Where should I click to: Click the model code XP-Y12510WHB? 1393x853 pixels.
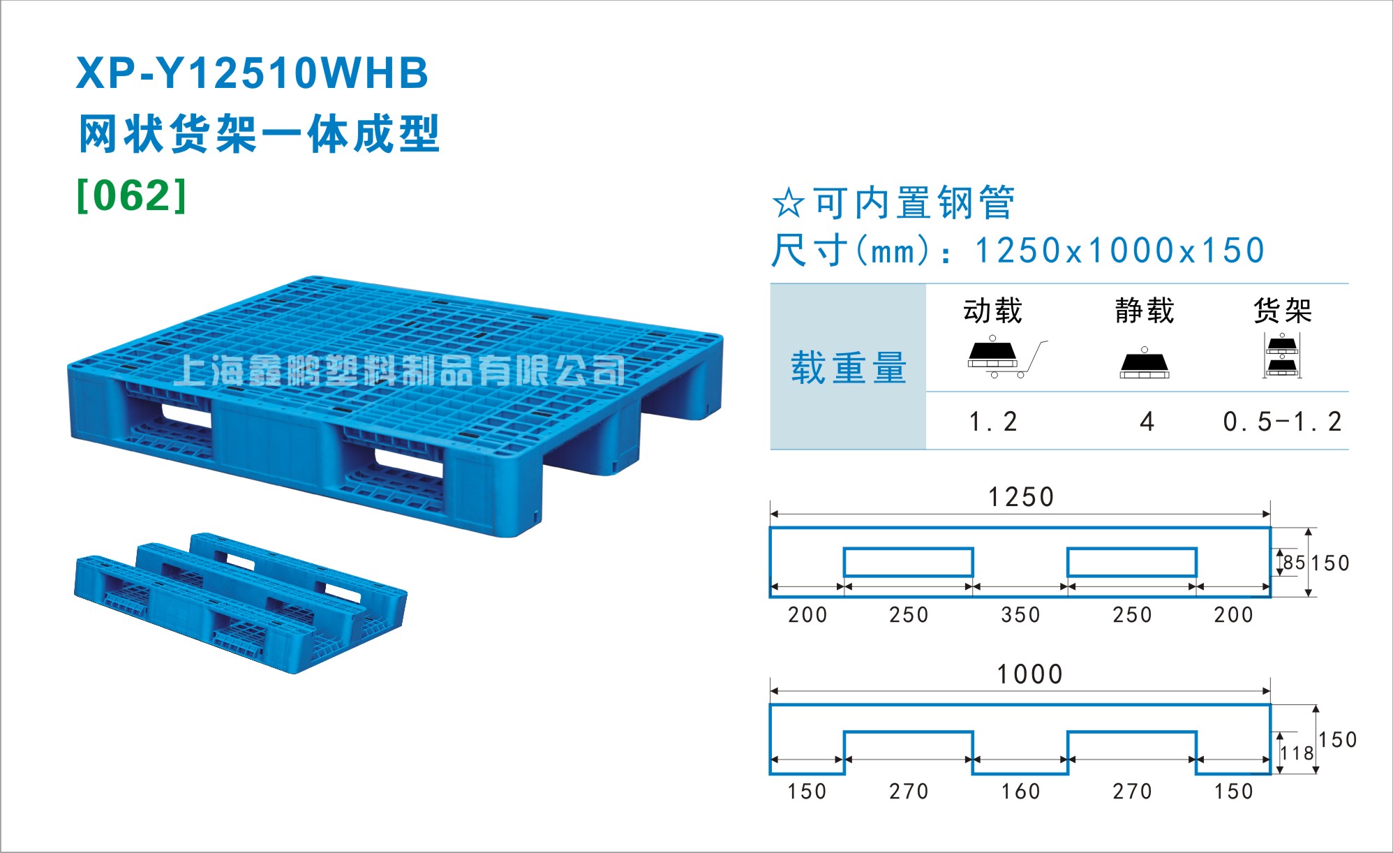(252, 73)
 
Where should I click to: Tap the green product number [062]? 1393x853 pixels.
(132, 196)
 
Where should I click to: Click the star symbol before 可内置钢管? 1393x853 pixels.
(789, 203)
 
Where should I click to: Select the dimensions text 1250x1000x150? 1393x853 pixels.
(1119, 251)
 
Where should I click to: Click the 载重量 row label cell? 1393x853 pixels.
(848, 367)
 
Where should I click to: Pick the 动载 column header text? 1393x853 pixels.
(993, 311)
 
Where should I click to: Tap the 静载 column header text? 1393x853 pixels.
(1145, 311)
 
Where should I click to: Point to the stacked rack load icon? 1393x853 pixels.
(1282, 356)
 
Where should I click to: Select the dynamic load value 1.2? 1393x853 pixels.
(993, 422)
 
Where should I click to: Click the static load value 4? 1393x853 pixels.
(1147, 422)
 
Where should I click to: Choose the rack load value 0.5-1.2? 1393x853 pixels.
(1282, 422)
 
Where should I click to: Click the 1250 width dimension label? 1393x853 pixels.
(1020, 497)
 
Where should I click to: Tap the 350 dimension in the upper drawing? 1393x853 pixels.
(1020, 615)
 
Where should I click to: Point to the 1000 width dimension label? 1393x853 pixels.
(1029, 674)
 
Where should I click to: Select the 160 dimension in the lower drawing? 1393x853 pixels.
(1020, 792)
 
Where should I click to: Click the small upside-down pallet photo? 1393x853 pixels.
(241, 603)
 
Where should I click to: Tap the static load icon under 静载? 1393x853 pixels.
(1145, 363)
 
